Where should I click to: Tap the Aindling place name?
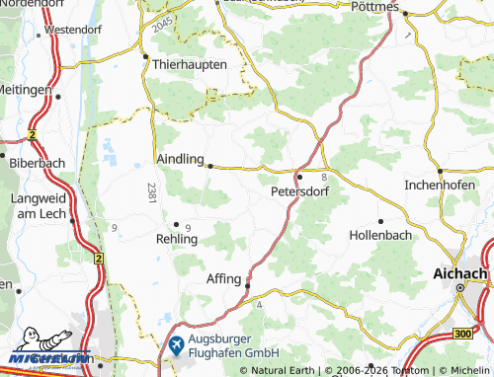[x=180, y=159]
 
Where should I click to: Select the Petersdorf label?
[x=299, y=192]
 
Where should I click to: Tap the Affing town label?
[x=223, y=279]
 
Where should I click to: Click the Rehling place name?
[x=177, y=239]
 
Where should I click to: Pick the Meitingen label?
[x=25, y=89]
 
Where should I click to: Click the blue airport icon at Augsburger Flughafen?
[x=176, y=344]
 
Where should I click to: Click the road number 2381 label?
[x=151, y=192]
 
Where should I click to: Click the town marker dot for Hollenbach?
[x=380, y=221]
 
